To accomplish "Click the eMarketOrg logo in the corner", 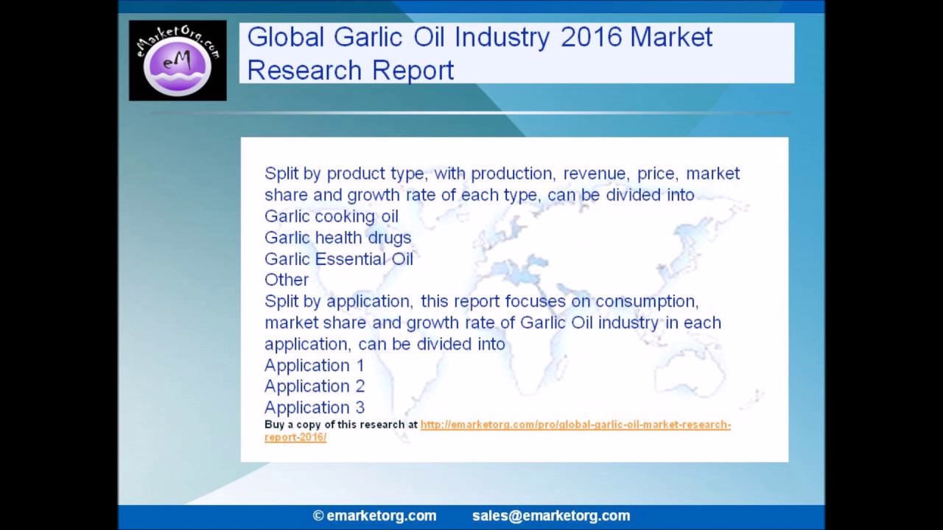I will tap(178, 60).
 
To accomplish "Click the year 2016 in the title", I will tap(591, 37).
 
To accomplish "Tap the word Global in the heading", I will tap(286, 37).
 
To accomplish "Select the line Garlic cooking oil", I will tap(331, 216).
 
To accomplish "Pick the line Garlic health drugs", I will tap(337, 238).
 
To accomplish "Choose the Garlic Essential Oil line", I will tap(338, 259).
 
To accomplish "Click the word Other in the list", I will tap(286, 280).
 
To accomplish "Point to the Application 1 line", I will tap(314, 366).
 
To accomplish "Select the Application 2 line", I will tap(314, 386).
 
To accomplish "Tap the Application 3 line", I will tap(314, 408).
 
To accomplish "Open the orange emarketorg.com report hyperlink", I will tap(575, 425).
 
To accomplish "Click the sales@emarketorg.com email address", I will tap(551, 516).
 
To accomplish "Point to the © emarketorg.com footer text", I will tap(374, 516).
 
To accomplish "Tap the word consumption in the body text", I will tap(646, 302).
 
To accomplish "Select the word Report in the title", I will tap(413, 71).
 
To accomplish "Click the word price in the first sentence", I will tap(656, 174).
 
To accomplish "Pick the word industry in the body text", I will tap(628, 323).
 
